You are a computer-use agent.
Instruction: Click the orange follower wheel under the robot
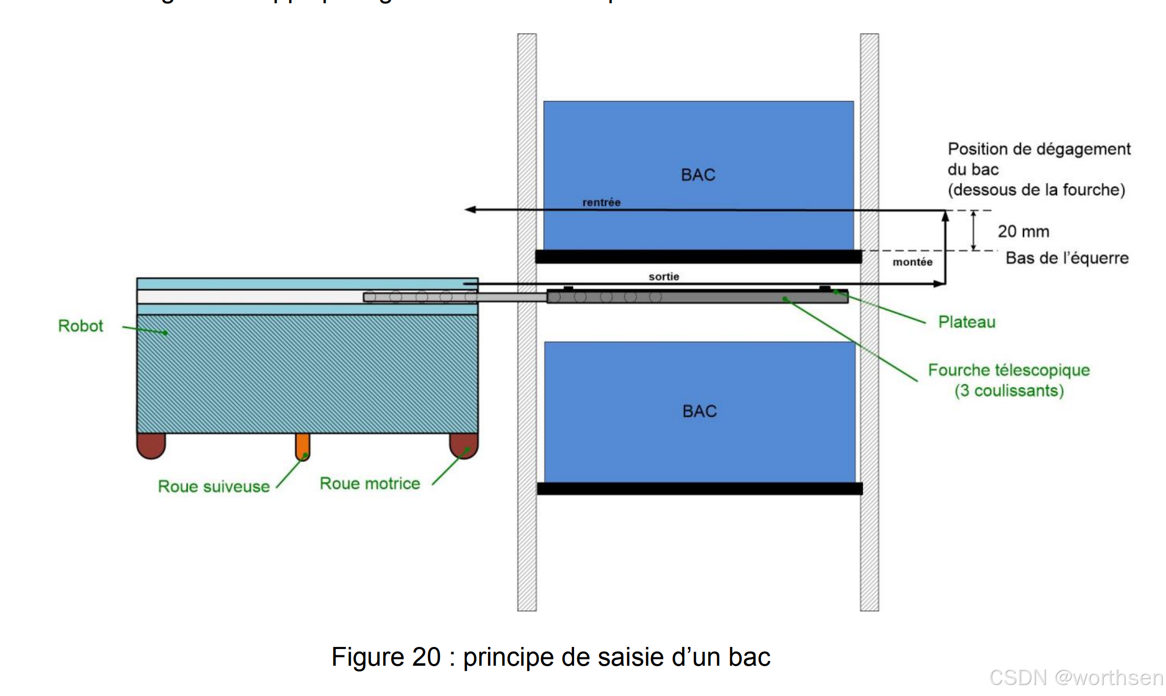pyautogui.click(x=303, y=447)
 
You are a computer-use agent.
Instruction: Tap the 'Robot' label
pyautogui.click(x=80, y=326)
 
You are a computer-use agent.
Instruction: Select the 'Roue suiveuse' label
pyautogui.click(x=213, y=486)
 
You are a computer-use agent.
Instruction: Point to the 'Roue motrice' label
pyautogui.click(x=370, y=483)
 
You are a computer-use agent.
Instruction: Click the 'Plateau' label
pyautogui.click(x=967, y=322)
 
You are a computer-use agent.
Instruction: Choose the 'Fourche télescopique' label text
pyautogui.click(x=1008, y=370)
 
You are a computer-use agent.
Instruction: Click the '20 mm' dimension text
pyautogui.click(x=1023, y=231)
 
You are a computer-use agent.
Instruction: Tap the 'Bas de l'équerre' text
pyautogui.click(x=1067, y=258)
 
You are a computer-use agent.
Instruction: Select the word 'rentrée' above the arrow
pyautogui.click(x=601, y=203)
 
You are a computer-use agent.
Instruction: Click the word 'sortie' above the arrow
pyautogui.click(x=663, y=277)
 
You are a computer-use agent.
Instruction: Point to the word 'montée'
pyautogui.click(x=912, y=262)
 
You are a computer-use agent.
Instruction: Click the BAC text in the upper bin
pyautogui.click(x=698, y=175)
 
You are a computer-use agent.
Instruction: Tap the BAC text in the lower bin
pyautogui.click(x=699, y=411)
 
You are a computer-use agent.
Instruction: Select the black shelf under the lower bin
pyautogui.click(x=699, y=489)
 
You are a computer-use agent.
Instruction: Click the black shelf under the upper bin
pyautogui.click(x=698, y=256)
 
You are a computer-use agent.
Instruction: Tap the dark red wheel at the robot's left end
pyautogui.click(x=151, y=446)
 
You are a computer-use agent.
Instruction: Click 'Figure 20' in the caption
pyautogui.click(x=386, y=657)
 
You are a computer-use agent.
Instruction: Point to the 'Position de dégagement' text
pyautogui.click(x=1039, y=149)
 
